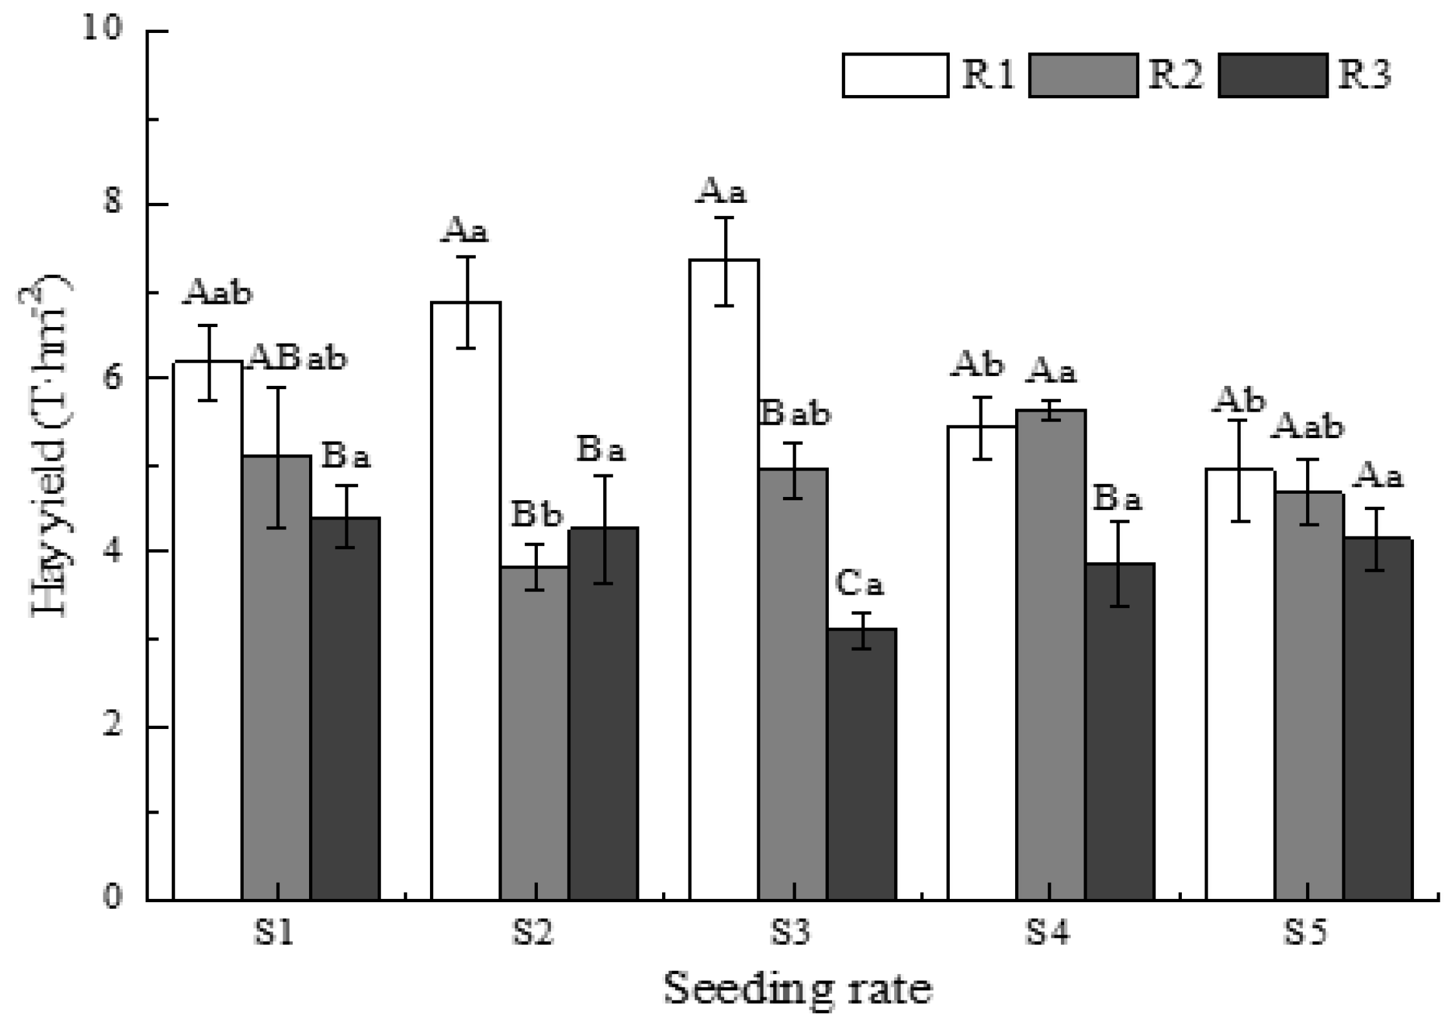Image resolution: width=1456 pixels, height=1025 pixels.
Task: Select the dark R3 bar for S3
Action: tap(861, 763)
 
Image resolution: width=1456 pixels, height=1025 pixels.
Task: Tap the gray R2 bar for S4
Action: tap(1051, 653)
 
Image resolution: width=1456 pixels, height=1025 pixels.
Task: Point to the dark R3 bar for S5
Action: tap(1377, 717)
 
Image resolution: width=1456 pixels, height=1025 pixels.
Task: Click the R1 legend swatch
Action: tap(895, 76)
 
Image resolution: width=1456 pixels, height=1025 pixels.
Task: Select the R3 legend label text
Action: tap(1364, 76)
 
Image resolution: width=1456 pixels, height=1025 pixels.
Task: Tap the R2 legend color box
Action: tap(1083, 76)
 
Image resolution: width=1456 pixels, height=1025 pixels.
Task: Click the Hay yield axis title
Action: tap(50, 446)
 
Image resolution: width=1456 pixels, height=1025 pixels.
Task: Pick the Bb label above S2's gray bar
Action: tap(537, 515)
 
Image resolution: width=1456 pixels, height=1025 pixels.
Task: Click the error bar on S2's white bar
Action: tap(466, 302)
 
